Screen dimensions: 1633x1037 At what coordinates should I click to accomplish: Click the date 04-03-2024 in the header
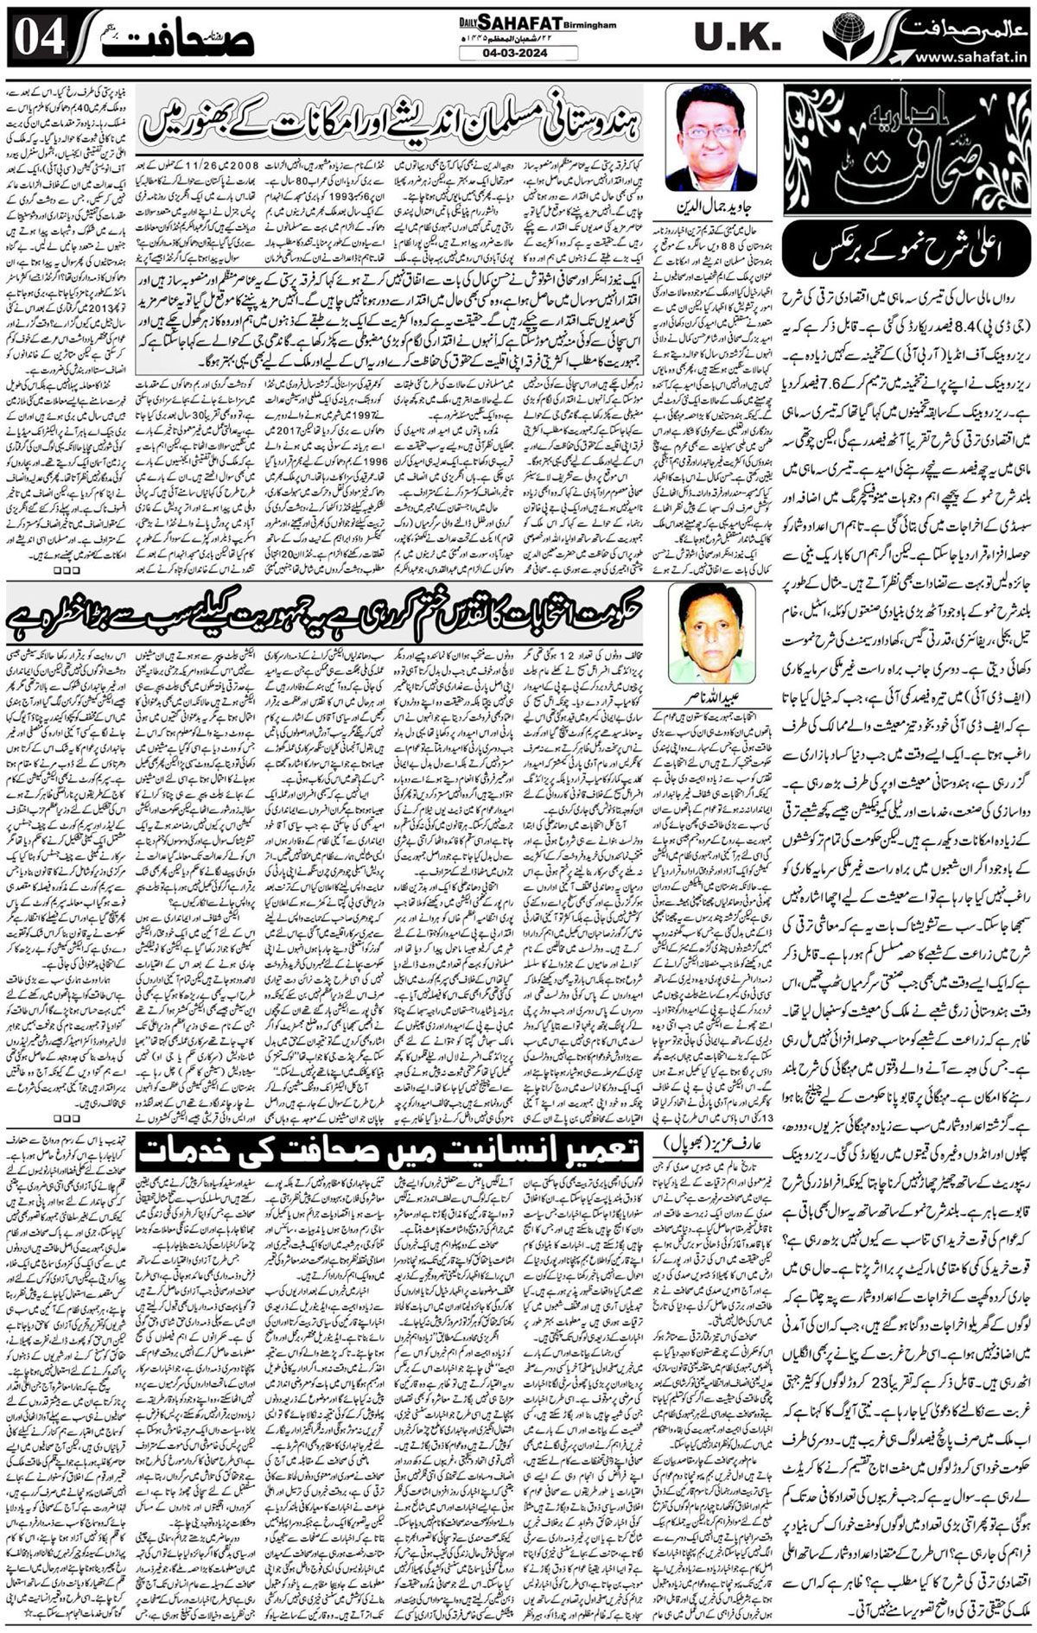pos(518,54)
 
